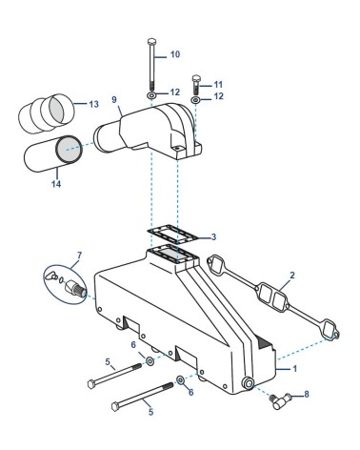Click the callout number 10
(175, 54)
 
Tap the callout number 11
(218, 85)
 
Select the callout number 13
(93, 104)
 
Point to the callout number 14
(56, 184)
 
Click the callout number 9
(114, 100)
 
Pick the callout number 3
(213, 237)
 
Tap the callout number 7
(79, 256)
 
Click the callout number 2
(292, 275)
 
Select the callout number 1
(295, 369)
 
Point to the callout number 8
(307, 394)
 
